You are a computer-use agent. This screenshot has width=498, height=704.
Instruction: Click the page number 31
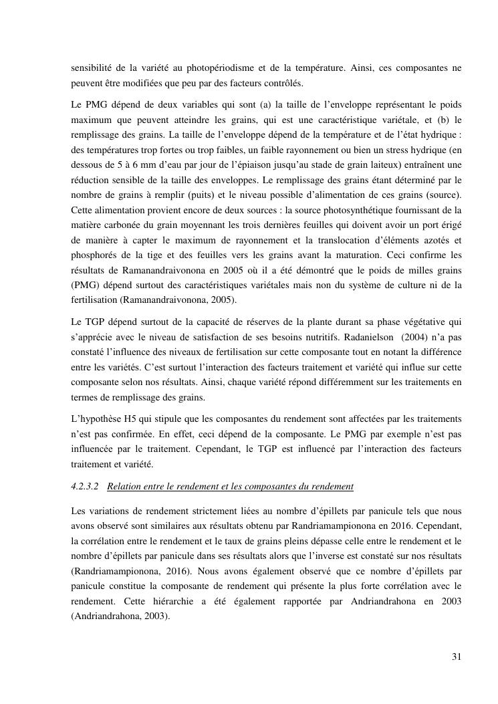[456, 656]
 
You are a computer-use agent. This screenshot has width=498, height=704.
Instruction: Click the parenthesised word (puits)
[199, 194]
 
